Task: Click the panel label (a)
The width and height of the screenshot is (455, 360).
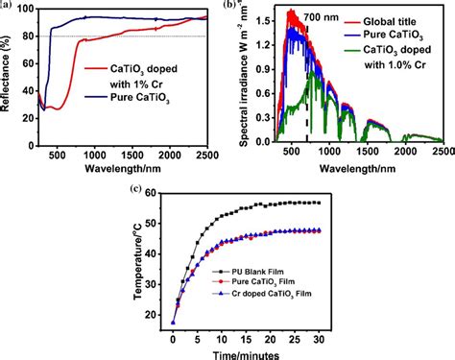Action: [x=7, y=5]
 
